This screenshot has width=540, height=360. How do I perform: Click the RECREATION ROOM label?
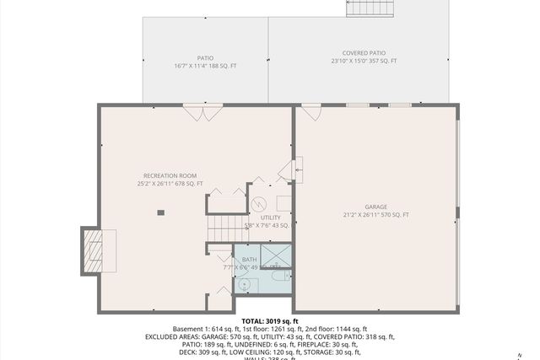point(170,175)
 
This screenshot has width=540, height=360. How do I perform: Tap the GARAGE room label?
point(375,207)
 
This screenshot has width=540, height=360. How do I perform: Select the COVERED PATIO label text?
point(364,52)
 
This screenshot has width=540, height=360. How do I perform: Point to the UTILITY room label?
point(270,218)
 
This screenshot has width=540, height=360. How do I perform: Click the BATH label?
point(249,260)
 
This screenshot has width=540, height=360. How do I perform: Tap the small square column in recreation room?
point(160,212)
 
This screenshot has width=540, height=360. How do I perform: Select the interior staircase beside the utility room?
point(225,226)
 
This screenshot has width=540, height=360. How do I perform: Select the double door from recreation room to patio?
point(203,110)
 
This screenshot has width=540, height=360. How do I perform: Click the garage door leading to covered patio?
point(311,110)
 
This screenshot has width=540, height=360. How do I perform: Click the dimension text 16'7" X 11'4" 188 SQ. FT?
point(204,65)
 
